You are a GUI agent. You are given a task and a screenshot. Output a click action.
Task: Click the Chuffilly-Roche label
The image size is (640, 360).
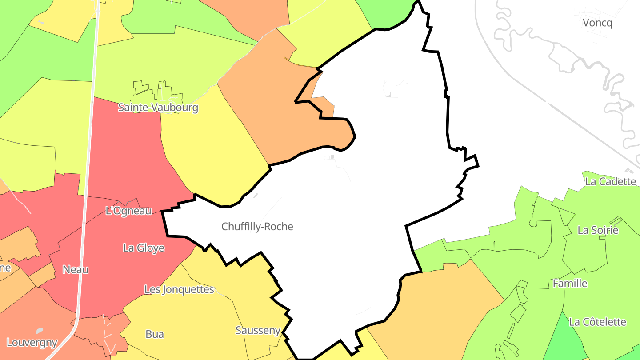point(257,227)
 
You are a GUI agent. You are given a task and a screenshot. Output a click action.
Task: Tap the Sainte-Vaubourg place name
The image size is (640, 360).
point(158,108)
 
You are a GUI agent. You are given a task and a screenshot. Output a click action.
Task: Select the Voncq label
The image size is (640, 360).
point(597,23)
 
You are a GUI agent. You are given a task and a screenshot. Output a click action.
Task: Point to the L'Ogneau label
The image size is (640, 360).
point(128,211)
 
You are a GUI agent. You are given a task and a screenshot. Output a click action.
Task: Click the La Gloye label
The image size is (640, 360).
point(144,248)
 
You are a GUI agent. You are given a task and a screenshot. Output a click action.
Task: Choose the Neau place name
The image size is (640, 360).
point(75,269)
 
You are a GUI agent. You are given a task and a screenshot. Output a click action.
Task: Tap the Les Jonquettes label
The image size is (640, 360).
point(179,289)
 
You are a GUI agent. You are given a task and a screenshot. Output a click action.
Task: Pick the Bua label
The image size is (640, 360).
point(155,334)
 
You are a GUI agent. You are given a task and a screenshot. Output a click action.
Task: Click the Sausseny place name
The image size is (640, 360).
point(258,330)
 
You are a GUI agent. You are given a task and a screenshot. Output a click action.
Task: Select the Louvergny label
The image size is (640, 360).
point(32,343)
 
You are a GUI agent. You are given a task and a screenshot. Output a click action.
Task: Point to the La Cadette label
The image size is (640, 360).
point(611,181)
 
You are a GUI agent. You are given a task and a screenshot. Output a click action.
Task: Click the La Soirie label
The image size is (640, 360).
point(598,230)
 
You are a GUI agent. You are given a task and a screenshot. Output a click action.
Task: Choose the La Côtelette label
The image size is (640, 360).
point(597,322)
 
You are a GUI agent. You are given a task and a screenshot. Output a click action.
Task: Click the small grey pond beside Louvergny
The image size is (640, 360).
point(40,331)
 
